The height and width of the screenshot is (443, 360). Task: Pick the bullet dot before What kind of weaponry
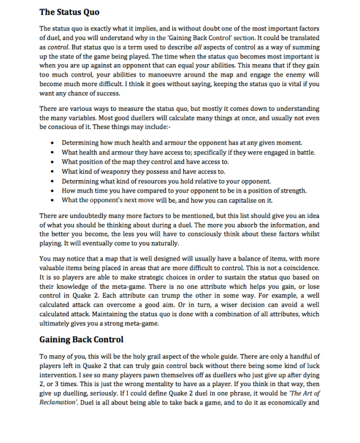pyautogui.click(x=52, y=172)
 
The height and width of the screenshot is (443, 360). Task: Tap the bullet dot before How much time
pyautogui.click(x=52, y=190)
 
